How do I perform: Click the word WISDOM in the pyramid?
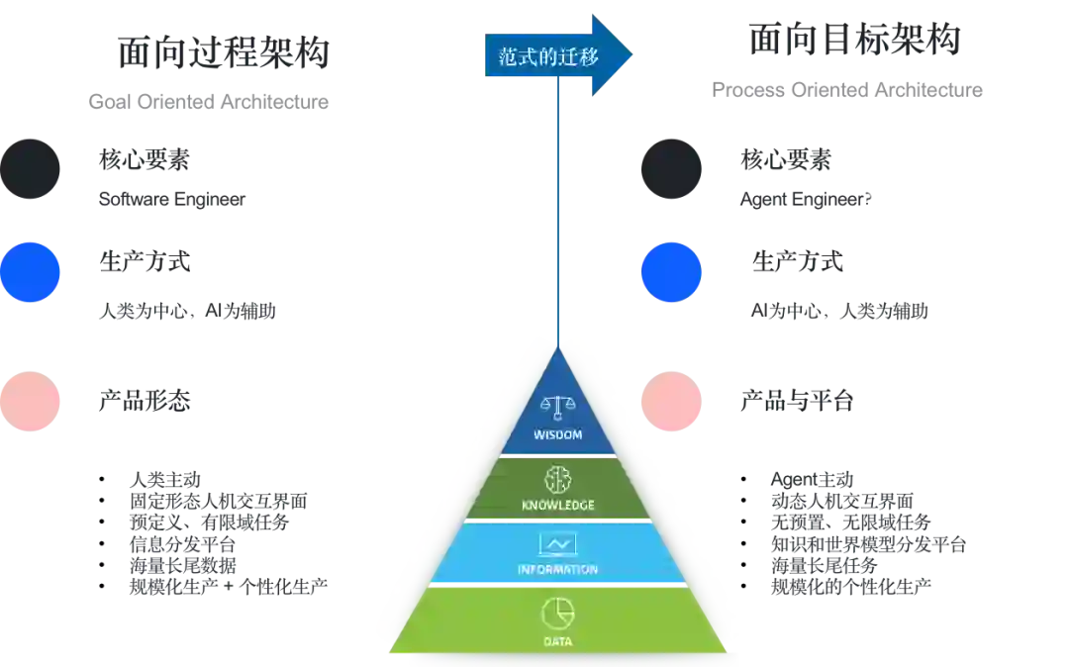(558, 434)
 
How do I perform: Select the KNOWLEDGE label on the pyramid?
(558, 506)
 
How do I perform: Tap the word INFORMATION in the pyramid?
(558, 570)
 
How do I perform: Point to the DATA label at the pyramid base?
(558, 642)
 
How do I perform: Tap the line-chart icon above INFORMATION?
(558, 544)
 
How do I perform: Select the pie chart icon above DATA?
(558, 613)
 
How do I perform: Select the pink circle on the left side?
(31, 400)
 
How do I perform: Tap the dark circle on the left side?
(31, 169)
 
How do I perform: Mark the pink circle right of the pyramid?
(672, 400)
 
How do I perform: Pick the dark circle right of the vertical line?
(672, 169)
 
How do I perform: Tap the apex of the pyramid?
(558, 341)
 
